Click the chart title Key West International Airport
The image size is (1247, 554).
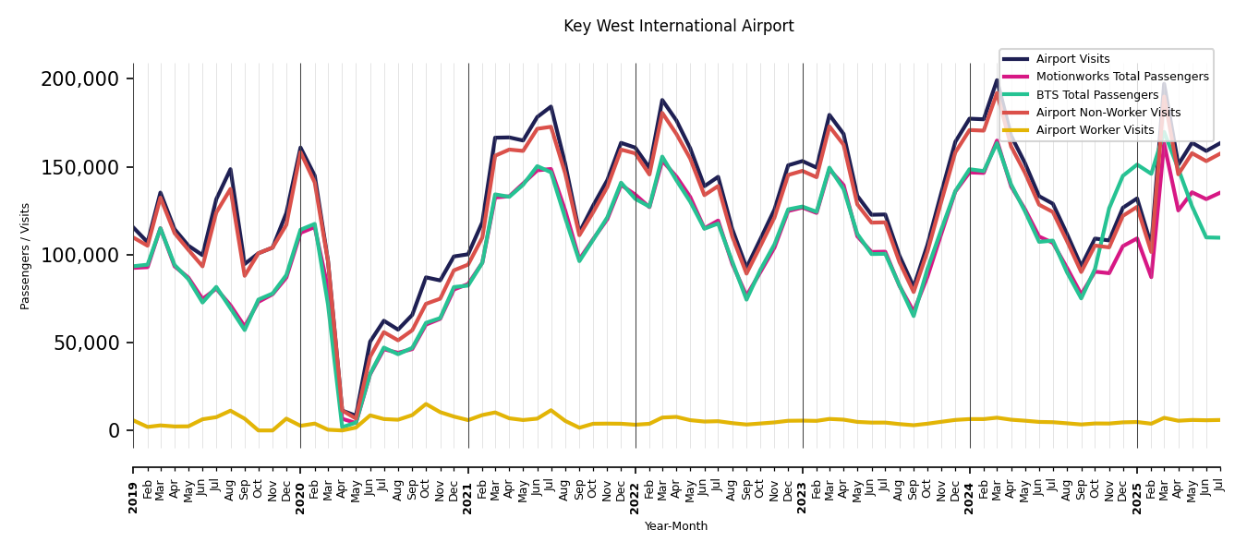678,27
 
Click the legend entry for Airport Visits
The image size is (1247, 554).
1072,59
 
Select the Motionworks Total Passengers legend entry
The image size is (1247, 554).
1121,77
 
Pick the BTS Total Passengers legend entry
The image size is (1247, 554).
1096,95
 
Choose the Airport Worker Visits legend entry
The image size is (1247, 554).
1095,130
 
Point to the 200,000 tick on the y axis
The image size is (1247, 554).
80,79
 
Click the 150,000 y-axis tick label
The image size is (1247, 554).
80,167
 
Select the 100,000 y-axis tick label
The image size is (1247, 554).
80,255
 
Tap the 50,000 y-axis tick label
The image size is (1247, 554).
85,343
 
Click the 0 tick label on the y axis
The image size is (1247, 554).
114,430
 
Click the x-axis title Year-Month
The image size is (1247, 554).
676,526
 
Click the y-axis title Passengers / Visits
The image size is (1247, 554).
26,256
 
